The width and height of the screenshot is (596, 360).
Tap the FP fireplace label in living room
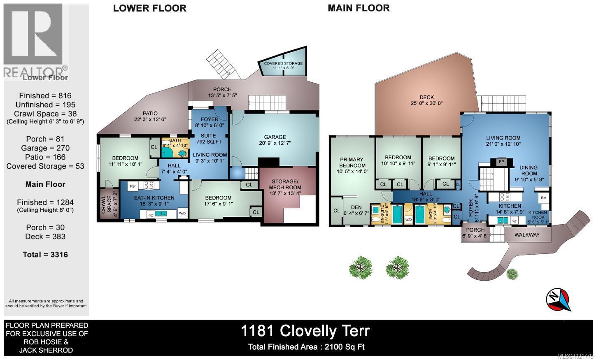[501, 162]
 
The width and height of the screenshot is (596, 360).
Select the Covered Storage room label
[283, 63]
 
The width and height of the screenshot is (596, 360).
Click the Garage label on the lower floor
[275, 137]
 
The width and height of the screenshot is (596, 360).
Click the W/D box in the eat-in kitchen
[182, 213]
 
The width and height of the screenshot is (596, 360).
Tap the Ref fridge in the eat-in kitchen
[133, 186]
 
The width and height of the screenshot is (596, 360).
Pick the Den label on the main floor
[356, 207]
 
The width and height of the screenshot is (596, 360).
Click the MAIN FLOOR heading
[359, 8]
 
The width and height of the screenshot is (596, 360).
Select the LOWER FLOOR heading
[149, 8]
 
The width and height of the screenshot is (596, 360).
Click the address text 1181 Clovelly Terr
[305, 331]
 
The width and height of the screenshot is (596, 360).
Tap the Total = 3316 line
[45, 255]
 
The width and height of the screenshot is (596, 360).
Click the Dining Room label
[528, 167]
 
